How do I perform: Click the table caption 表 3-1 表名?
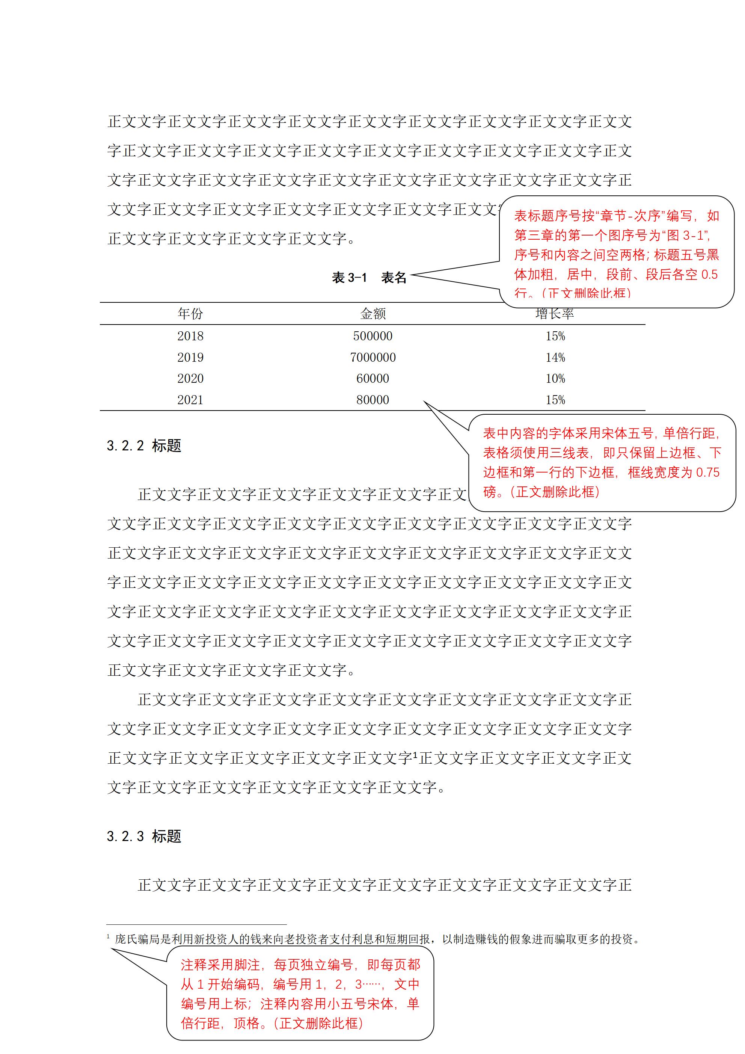[x=369, y=278]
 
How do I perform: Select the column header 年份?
[x=190, y=314]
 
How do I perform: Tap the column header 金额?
[x=373, y=314]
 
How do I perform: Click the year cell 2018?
[x=190, y=336]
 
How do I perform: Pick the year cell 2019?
[x=190, y=358]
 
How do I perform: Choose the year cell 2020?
[x=190, y=379]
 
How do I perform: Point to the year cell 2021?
[x=190, y=400]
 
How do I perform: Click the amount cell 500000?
[x=373, y=336]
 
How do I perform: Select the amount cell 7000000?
[x=373, y=358]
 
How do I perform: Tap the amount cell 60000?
[x=373, y=379]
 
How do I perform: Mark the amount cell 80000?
[x=373, y=400]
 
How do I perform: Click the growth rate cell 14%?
[x=555, y=358]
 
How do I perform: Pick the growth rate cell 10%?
[x=555, y=379]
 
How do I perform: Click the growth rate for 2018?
[x=555, y=336]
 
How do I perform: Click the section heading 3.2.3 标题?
[x=144, y=837]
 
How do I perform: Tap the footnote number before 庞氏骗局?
[x=108, y=936]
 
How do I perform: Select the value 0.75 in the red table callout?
[x=707, y=473]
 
